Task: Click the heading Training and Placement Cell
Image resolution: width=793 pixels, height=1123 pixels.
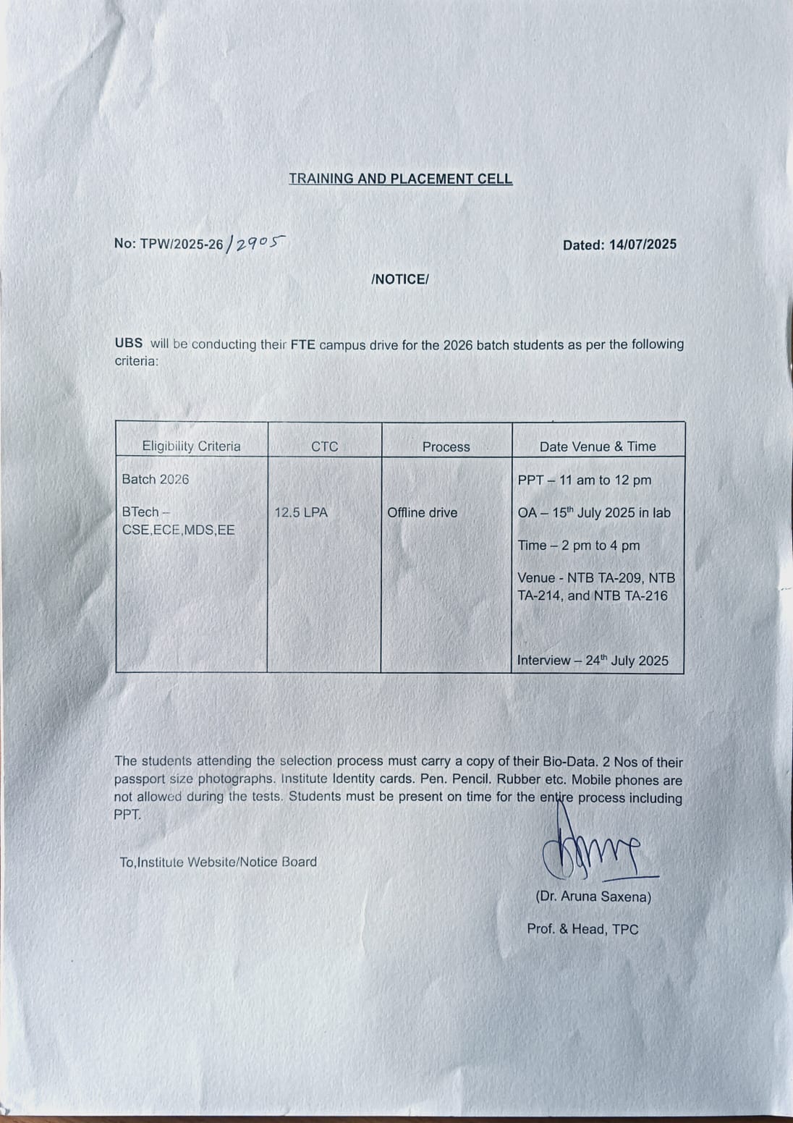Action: pyautogui.click(x=400, y=179)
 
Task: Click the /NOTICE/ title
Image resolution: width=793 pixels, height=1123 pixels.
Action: pyautogui.click(x=399, y=279)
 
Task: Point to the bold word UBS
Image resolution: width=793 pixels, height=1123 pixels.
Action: pyautogui.click(x=128, y=344)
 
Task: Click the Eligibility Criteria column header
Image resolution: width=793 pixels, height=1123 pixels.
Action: pyautogui.click(x=191, y=446)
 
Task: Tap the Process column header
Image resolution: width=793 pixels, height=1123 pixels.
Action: pyautogui.click(x=446, y=447)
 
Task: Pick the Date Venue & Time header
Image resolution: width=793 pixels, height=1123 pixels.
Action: pyautogui.click(x=598, y=447)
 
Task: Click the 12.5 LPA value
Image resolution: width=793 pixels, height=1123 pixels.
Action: pyautogui.click(x=301, y=512)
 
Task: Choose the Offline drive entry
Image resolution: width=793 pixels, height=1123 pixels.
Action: pyautogui.click(x=422, y=512)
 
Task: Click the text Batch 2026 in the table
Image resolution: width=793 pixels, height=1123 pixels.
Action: pyautogui.click(x=156, y=479)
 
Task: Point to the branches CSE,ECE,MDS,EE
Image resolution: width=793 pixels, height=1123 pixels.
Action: pyautogui.click(x=178, y=530)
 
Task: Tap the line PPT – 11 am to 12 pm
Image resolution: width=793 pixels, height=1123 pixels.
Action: pyautogui.click(x=584, y=480)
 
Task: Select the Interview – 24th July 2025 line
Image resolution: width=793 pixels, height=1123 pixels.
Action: pyautogui.click(x=593, y=660)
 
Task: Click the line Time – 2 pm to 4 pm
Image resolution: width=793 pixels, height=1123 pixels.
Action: pyautogui.click(x=578, y=546)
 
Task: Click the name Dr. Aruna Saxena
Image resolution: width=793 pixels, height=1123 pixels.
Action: pyautogui.click(x=593, y=897)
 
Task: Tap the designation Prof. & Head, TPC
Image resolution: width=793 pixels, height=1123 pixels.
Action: pyautogui.click(x=582, y=929)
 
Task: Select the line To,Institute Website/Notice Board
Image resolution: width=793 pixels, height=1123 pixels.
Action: pyautogui.click(x=218, y=862)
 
